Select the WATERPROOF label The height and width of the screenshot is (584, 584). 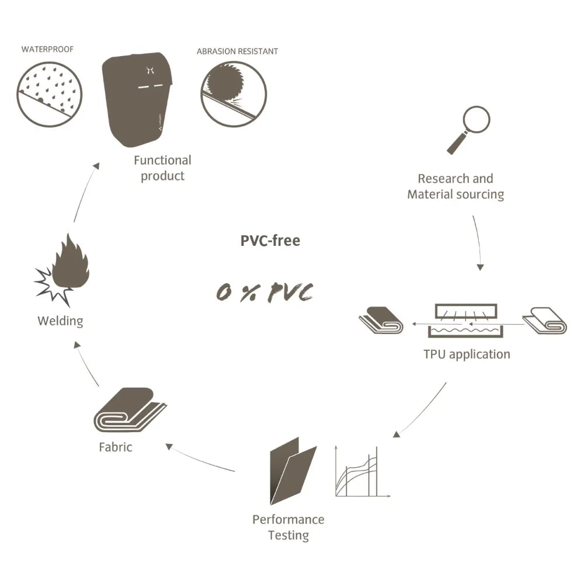click(47, 49)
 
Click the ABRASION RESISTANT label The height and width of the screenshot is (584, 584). click(237, 51)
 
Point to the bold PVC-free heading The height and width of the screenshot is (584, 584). click(270, 241)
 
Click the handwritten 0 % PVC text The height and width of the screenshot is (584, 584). click(265, 291)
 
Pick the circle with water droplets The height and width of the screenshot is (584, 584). click(50, 94)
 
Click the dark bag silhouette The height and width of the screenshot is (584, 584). click(137, 99)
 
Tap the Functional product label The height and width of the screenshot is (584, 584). click(162, 168)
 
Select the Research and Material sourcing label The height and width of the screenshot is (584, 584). click(456, 186)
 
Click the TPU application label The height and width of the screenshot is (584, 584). click(467, 354)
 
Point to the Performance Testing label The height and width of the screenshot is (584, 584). click(288, 527)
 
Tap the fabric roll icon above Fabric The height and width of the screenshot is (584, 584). click(130, 410)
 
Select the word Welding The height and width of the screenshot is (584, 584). click(60, 321)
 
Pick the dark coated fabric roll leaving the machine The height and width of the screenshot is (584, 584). click(381, 320)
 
